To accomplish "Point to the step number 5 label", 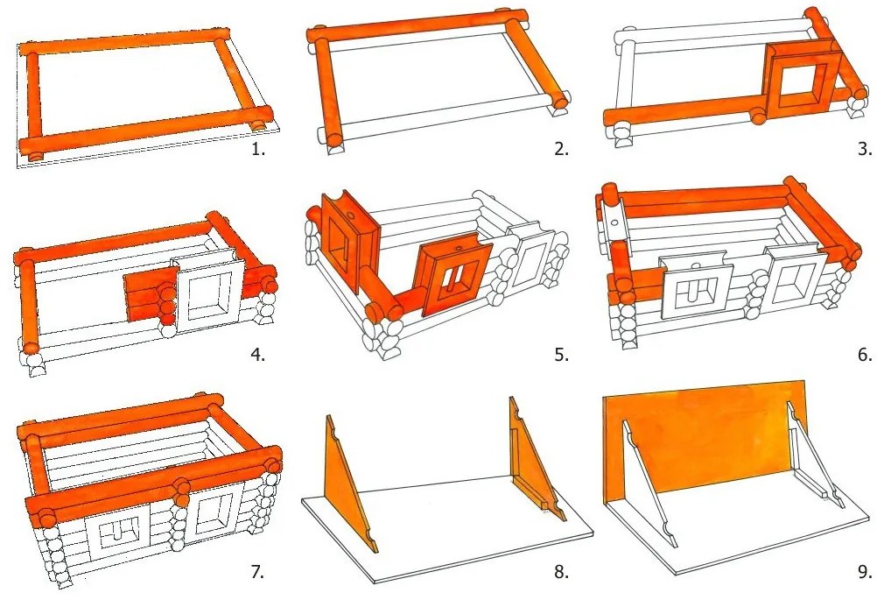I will click(561, 355).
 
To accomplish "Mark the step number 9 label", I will click(864, 572).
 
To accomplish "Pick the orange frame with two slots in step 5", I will click(451, 278).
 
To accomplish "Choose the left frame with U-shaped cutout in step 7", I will click(122, 533).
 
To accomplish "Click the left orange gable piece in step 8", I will click(347, 481).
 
